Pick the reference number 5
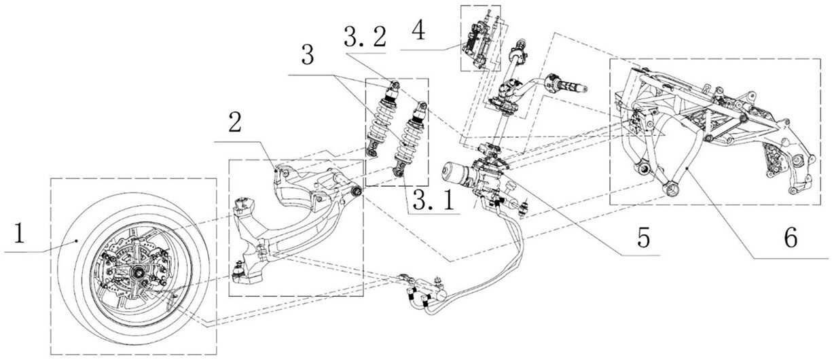coord(642,237)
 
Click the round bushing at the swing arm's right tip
coord(357,190)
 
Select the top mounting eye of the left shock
coord(393,86)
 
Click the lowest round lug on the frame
coord(672,189)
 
